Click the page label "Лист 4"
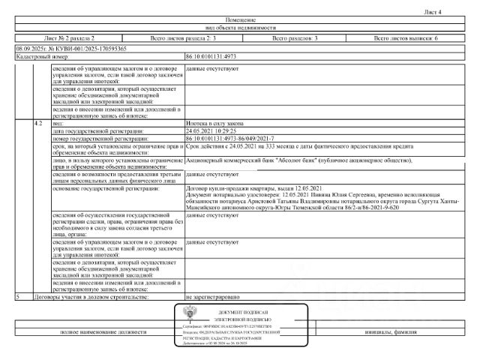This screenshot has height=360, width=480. (454, 13)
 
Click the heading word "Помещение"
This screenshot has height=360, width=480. (240, 19)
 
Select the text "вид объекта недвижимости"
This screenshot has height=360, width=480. (240, 28)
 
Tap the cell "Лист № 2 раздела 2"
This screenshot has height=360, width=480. (70, 37)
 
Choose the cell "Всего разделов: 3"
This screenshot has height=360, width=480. (295, 37)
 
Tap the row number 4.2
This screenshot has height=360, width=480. (38, 122)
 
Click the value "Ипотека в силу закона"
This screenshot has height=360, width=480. (214, 122)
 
